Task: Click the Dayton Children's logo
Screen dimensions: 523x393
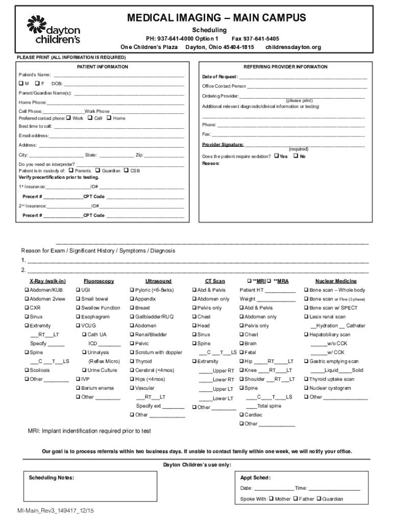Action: (54, 29)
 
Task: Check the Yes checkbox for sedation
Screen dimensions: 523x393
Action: (276, 156)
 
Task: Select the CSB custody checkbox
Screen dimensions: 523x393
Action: (126, 171)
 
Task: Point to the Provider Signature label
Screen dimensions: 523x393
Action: (223, 145)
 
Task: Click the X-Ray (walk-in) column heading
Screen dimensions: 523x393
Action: (47, 281)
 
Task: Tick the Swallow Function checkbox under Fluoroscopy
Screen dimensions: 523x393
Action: (78, 308)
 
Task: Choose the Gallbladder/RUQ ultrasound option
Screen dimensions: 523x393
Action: (132, 317)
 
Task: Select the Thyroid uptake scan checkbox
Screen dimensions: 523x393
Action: (306, 379)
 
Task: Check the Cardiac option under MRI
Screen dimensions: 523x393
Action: (241, 415)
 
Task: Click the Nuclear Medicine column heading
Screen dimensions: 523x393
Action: (336, 281)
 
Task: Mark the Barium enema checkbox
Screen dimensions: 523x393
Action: (78, 388)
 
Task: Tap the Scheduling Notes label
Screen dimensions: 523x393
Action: (52, 478)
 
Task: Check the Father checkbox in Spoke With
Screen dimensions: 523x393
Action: (297, 499)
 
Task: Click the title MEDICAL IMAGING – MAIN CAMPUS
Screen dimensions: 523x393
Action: (216, 18)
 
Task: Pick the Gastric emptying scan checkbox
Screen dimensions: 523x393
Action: (306, 362)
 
